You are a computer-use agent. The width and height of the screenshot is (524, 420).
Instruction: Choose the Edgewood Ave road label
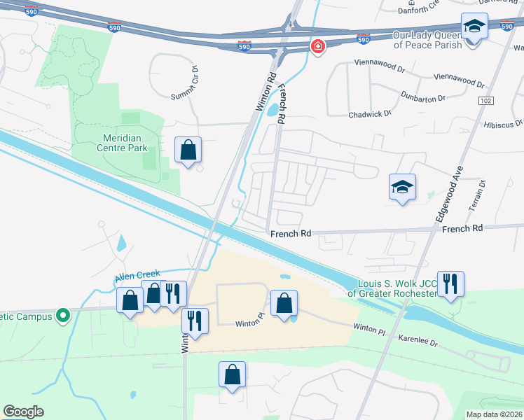pyautogui.click(x=451, y=194)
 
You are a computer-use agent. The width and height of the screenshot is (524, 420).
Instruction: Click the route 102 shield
pyautogui.click(x=485, y=101)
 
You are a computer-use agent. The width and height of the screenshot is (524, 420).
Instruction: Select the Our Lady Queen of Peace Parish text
pyautogui.click(x=427, y=40)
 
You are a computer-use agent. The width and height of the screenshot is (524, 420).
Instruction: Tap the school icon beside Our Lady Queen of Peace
pyautogui.click(x=474, y=27)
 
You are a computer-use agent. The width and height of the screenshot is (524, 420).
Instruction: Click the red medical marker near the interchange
pyautogui.click(x=317, y=47)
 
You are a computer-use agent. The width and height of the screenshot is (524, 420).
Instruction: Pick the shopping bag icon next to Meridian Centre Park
pyautogui.click(x=188, y=149)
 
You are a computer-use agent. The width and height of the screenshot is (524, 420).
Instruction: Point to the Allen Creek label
pyautogui.click(x=137, y=276)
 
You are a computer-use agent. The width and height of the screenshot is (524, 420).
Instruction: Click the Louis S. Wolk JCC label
pyautogui.click(x=397, y=288)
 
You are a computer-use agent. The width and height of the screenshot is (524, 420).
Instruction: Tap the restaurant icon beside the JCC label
pyautogui.click(x=450, y=283)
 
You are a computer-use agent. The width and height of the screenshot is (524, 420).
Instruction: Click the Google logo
pyautogui.click(x=24, y=412)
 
